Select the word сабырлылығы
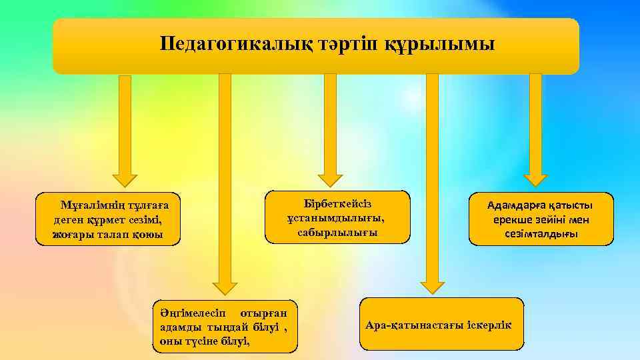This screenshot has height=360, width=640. [x=337, y=233]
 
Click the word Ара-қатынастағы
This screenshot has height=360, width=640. [x=414, y=325]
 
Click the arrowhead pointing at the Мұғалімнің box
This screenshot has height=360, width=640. [x=125, y=179]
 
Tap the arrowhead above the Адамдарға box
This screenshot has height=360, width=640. [x=535, y=179]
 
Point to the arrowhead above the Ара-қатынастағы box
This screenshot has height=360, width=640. [x=432, y=287]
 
